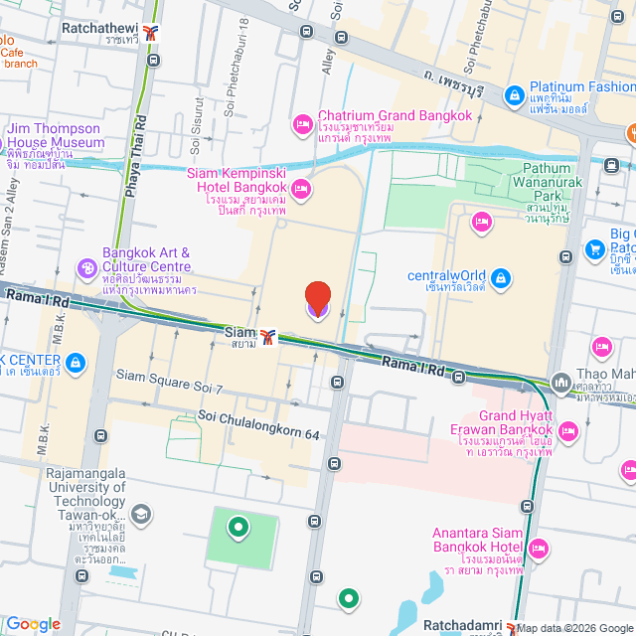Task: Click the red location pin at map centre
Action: pos(317,299)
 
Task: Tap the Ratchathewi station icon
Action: pos(151,32)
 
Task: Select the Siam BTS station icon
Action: pos(267,334)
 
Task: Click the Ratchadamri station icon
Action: pos(510,626)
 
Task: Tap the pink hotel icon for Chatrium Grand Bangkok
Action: pos(302,123)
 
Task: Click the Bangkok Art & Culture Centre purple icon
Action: pos(88,267)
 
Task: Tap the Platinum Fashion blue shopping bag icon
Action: pos(514,95)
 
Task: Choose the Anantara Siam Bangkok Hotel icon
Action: pos(538,548)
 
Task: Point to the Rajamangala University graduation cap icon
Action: pos(140,514)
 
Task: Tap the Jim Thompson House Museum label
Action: pos(56,136)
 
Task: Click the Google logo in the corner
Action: pos(33,623)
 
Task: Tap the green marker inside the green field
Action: pos(238,527)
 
